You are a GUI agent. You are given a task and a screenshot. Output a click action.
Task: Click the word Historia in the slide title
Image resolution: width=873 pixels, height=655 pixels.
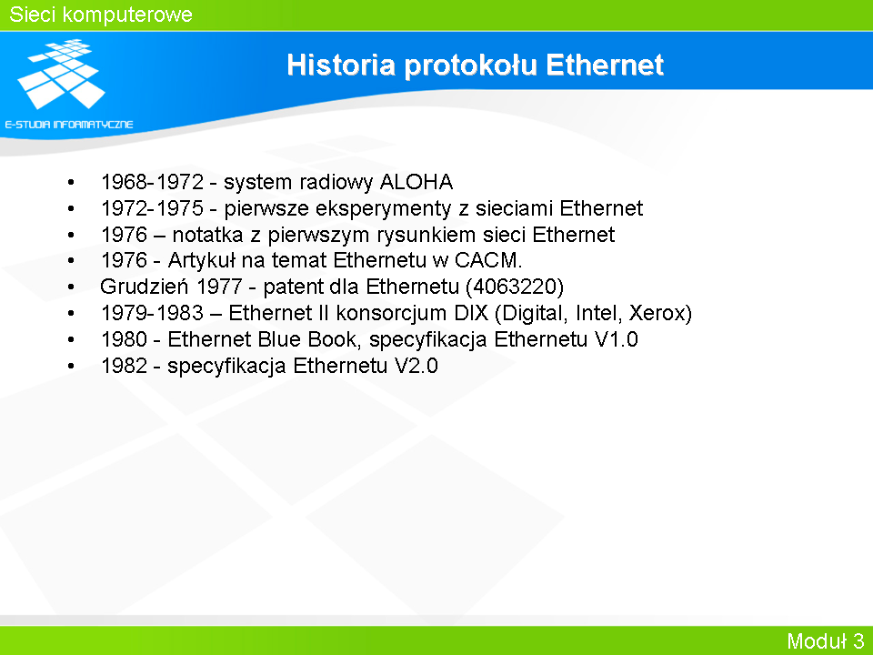coord(341,65)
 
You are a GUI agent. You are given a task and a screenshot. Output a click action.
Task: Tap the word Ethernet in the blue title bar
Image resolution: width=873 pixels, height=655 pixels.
coord(605,65)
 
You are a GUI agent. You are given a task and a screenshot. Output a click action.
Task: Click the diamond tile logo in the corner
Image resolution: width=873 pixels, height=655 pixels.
coord(61,74)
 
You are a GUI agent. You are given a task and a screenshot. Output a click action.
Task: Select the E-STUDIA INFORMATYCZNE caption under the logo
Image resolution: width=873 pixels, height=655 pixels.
coord(69,125)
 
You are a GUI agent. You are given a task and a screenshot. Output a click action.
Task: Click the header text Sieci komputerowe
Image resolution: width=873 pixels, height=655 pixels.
coord(101,15)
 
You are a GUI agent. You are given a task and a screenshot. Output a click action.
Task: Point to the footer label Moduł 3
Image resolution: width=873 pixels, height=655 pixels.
coord(825,640)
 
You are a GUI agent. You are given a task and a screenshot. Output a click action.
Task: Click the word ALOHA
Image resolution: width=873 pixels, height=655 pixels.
coord(416,182)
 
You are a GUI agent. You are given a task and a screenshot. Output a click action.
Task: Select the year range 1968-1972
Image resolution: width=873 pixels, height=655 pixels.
coord(152,182)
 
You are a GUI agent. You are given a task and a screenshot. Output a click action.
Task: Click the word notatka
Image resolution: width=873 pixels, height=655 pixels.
coord(207,235)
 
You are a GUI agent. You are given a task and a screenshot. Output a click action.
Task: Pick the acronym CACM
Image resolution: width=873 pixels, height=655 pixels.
coord(487,260)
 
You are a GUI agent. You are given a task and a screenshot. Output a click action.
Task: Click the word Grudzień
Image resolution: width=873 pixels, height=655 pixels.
coord(145,287)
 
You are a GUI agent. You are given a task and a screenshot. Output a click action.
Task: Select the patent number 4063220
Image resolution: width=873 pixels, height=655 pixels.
coord(515,287)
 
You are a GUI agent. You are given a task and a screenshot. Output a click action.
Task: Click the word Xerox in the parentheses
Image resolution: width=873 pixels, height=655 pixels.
coord(657,313)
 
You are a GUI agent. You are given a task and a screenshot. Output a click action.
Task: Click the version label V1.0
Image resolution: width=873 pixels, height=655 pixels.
coord(616,339)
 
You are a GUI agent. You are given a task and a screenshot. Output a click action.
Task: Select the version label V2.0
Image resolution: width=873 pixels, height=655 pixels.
coord(416,366)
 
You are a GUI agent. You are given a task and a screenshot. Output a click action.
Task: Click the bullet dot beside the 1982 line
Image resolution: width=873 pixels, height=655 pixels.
coord(71,367)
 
